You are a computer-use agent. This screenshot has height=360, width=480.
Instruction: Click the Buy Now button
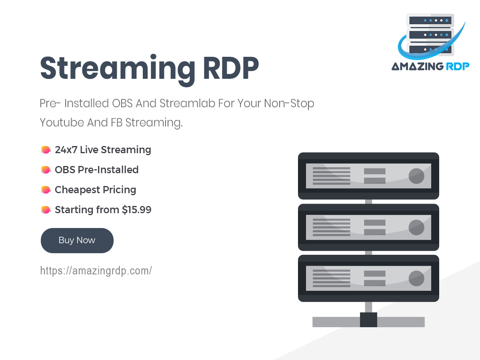[x=77, y=240]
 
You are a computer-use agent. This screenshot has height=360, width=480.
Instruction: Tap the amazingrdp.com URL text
[x=96, y=271]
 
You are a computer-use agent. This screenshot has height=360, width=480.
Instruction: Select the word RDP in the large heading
[x=231, y=68]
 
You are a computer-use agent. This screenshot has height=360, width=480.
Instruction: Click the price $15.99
[x=136, y=210]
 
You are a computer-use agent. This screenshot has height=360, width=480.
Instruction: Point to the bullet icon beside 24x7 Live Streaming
[x=46, y=150]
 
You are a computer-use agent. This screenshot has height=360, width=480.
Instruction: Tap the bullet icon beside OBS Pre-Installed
[x=46, y=170]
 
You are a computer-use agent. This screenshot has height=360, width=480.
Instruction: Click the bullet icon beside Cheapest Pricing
[x=46, y=190]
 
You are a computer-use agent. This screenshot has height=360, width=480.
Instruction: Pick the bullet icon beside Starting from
[x=46, y=210]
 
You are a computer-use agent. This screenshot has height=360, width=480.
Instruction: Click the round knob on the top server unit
[x=416, y=176]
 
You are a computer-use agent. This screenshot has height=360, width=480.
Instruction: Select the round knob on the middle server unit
[x=416, y=227]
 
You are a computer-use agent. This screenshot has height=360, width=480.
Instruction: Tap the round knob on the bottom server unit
[x=416, y=278]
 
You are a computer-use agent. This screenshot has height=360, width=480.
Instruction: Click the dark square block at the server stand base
[x=368, y=320]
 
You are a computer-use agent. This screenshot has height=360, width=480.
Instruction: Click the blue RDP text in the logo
[x=458, y=66]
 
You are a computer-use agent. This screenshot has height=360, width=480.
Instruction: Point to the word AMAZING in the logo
[x=418, y=66]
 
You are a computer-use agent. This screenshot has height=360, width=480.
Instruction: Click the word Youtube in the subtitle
[x=62, y=122]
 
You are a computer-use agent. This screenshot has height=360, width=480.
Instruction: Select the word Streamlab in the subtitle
[x=187, y=103]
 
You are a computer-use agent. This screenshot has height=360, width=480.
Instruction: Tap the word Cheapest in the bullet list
[x=77, y=190]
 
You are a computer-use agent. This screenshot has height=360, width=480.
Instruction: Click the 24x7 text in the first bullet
[x=66, y=150]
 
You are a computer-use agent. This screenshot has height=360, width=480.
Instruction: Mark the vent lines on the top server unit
[x=332, y=176]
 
